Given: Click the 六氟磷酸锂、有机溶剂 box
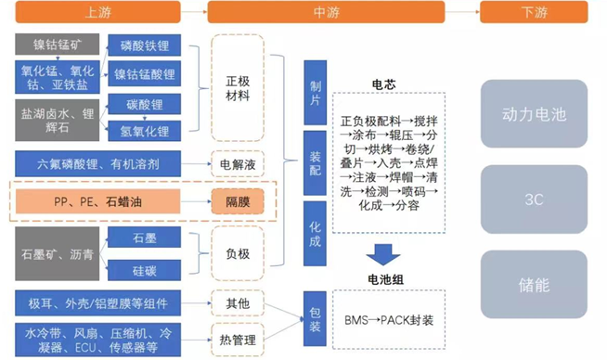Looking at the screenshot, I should pos(103,164).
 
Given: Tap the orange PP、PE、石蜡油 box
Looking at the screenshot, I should pos(103,199).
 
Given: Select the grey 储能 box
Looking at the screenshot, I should pos(534,279).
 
